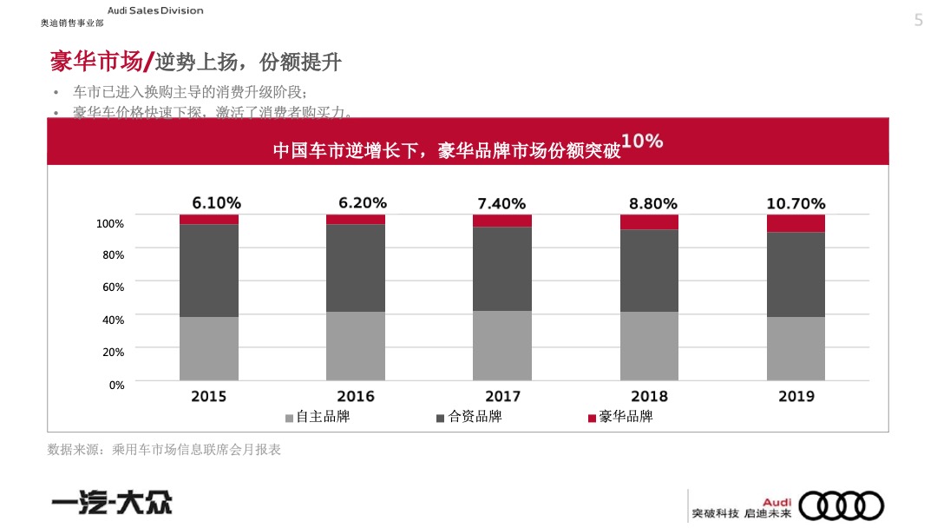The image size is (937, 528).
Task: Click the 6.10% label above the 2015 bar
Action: pos(216,203)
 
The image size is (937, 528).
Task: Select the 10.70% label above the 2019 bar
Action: pos(796,204)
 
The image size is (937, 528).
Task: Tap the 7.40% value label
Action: pos(501,204)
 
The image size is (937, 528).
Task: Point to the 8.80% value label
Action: pos(652,204)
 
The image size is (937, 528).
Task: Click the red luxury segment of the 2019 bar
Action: pos(796,223)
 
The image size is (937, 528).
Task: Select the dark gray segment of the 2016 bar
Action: pos(356,267)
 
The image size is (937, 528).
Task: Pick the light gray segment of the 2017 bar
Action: pos(502,345)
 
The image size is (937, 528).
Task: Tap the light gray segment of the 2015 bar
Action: pos(209,348)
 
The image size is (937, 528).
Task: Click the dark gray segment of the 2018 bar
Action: pos(649,270)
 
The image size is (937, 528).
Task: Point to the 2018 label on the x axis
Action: pos(649,396)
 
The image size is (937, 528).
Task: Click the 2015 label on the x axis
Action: pos(209,396)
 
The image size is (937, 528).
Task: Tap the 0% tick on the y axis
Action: pos(116,385)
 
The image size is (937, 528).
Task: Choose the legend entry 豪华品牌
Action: pos(620,417)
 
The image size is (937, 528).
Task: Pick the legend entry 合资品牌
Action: pos(468,417)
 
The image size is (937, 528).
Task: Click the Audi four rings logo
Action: pos(841,505)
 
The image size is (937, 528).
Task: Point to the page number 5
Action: pos(919,21)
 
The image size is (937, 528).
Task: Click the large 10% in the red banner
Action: pos(642,141)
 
